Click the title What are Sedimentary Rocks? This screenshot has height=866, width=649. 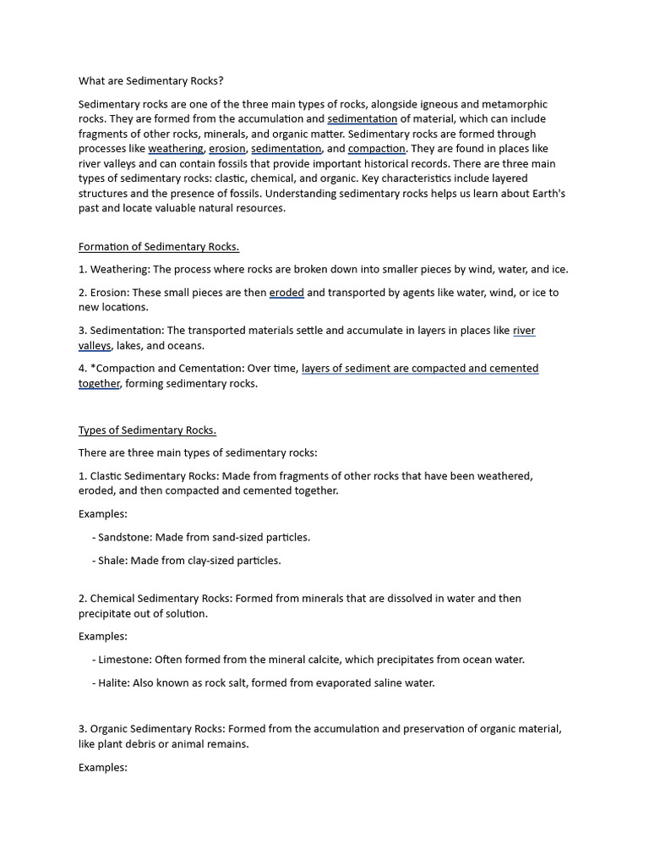point(151,81)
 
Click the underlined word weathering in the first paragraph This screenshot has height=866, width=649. point(176,149)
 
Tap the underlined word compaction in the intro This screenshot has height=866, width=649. point(377,149)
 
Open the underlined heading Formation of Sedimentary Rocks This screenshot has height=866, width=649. point(159,247)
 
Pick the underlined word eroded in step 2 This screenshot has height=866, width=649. point(286,293)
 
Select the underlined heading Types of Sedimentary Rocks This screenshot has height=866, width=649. point(147,430)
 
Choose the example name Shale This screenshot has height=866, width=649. point(112,560)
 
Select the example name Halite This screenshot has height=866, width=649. point(113,682)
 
